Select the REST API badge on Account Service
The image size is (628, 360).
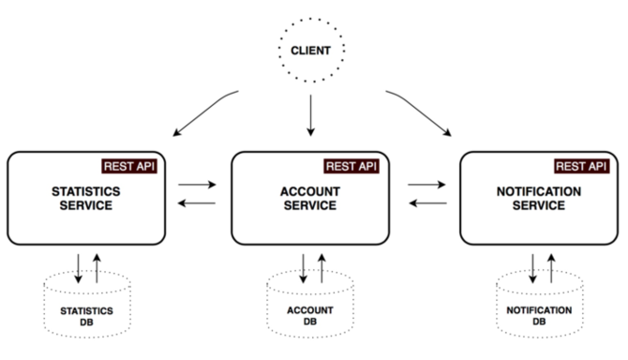pos(351,166)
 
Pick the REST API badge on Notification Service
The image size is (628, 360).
pos(582,166)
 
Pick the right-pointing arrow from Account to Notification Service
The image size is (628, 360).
pos(426,186)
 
